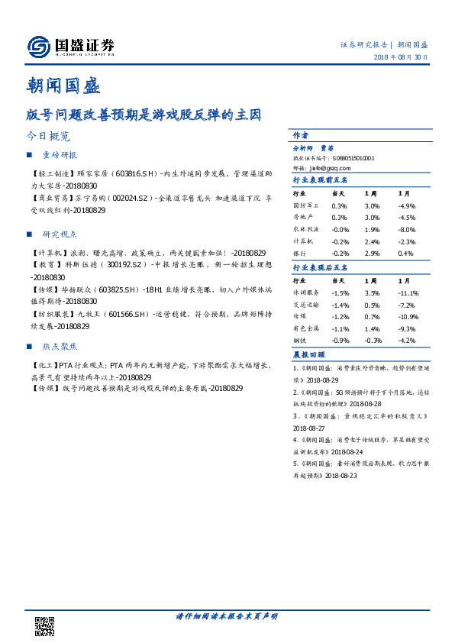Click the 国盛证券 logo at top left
point(71,47)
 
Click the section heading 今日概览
point(48,137)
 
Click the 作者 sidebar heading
point(301,134)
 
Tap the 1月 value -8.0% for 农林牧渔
point(407,229)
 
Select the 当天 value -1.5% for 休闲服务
point(341,292)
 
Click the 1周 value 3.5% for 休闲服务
point(373,292)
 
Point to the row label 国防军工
point(305,206)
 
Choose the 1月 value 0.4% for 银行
point(405,253)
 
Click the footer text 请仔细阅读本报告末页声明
point(227,616)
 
